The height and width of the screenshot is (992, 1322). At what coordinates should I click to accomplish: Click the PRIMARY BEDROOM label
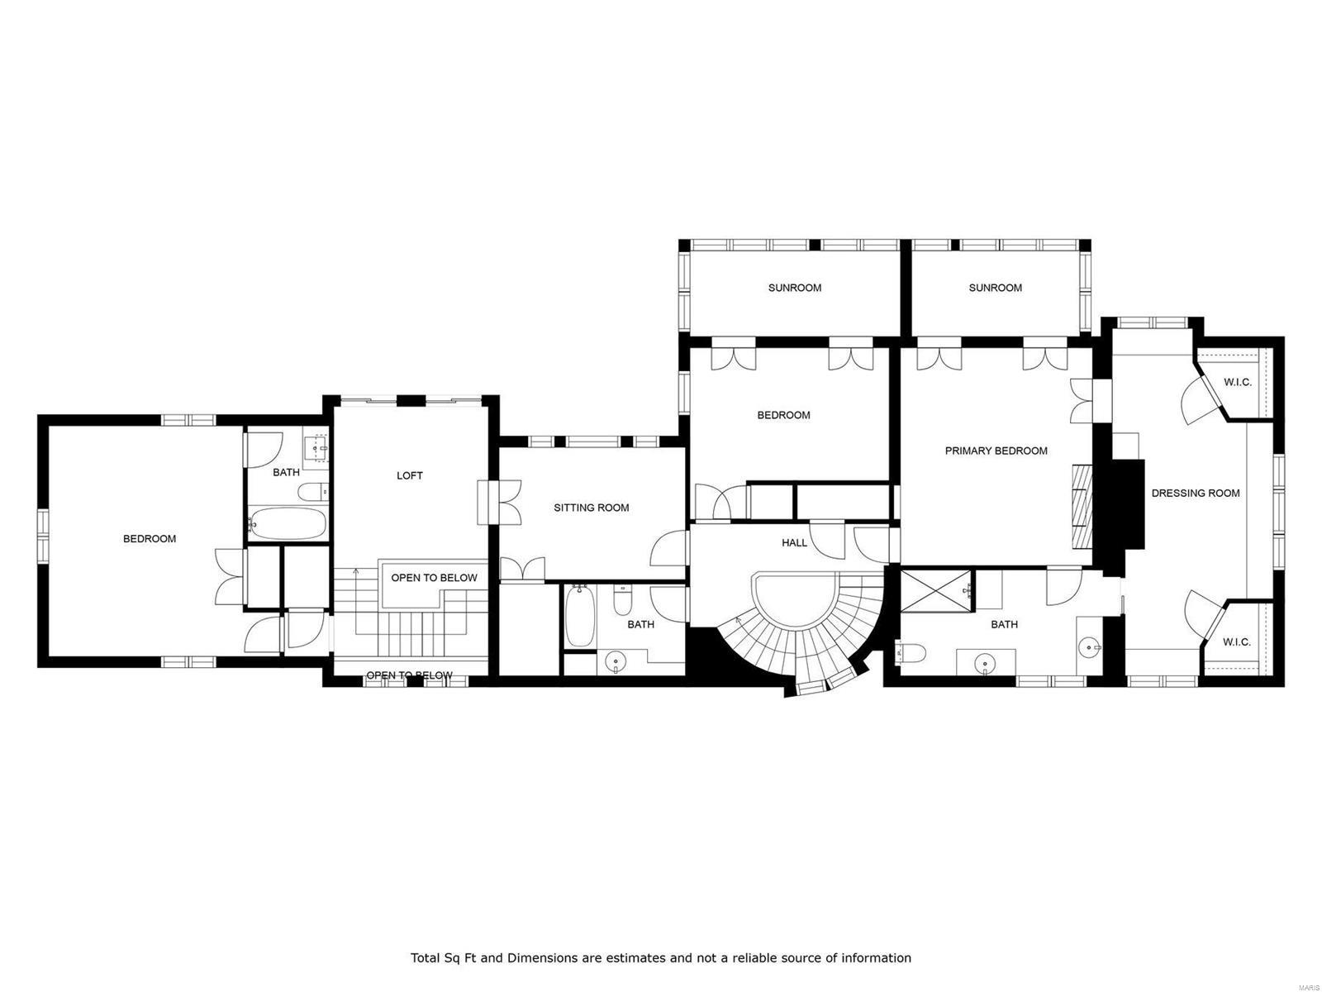point(996,451)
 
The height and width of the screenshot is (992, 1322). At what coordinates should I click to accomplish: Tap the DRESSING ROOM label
point(1196,493)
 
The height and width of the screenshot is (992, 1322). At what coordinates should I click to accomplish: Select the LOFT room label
point(410,475)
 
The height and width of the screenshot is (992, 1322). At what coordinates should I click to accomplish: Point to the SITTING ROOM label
point(591,508)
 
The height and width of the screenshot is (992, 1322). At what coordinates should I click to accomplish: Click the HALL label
point(794,543)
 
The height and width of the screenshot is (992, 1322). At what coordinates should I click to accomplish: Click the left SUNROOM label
point(794,288)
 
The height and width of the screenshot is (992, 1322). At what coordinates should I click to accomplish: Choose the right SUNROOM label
point(995,288)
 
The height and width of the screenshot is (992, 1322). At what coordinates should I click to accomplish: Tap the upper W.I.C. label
point(1237,382)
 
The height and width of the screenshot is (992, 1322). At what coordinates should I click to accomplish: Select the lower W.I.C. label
point(1237,641)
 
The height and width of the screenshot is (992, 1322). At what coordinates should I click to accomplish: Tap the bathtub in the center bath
point(579,617)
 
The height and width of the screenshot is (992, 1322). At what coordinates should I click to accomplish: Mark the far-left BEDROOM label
point(150,539)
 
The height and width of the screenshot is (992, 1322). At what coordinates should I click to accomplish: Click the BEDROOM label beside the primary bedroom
point(783,415)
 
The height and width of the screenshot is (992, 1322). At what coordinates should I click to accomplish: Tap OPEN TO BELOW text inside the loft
point(434,578)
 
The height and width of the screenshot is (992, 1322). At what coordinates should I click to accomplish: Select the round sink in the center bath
point(615,661)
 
